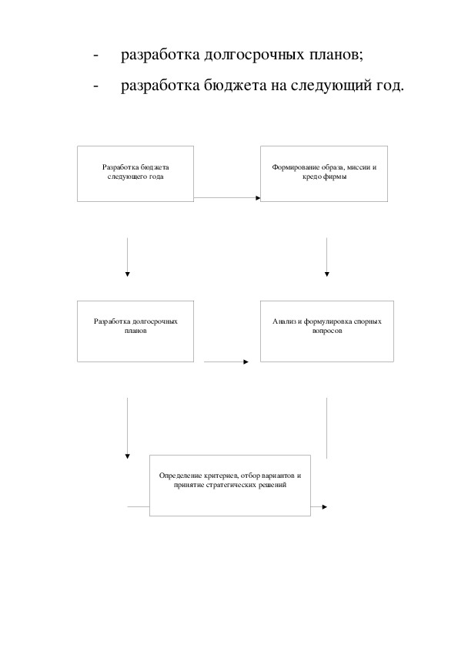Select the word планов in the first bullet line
[x=334, y=54]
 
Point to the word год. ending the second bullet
[x=389, y=86]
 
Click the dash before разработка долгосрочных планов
[x=96, y=55]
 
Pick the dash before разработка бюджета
[x=96, y=86]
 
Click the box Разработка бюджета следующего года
[x=135, y=174]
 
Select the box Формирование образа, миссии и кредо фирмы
[x=324, y=174]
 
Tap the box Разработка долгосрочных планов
[x=135, y=331]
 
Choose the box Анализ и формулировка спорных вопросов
[x=327, y=331]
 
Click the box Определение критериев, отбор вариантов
[x=230, y=486]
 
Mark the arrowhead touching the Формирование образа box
[x=258, y=198]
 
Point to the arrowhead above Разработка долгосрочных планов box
[x=127, y=274]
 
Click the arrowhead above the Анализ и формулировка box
[x=327, y=274]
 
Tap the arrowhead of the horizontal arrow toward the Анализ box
[x=246, y=362]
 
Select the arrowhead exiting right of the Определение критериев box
[x=325, y=506]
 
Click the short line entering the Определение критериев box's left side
[x=138, y=506]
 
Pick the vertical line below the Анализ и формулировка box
[x=327, y=429]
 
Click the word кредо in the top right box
[x=311, y=177]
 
